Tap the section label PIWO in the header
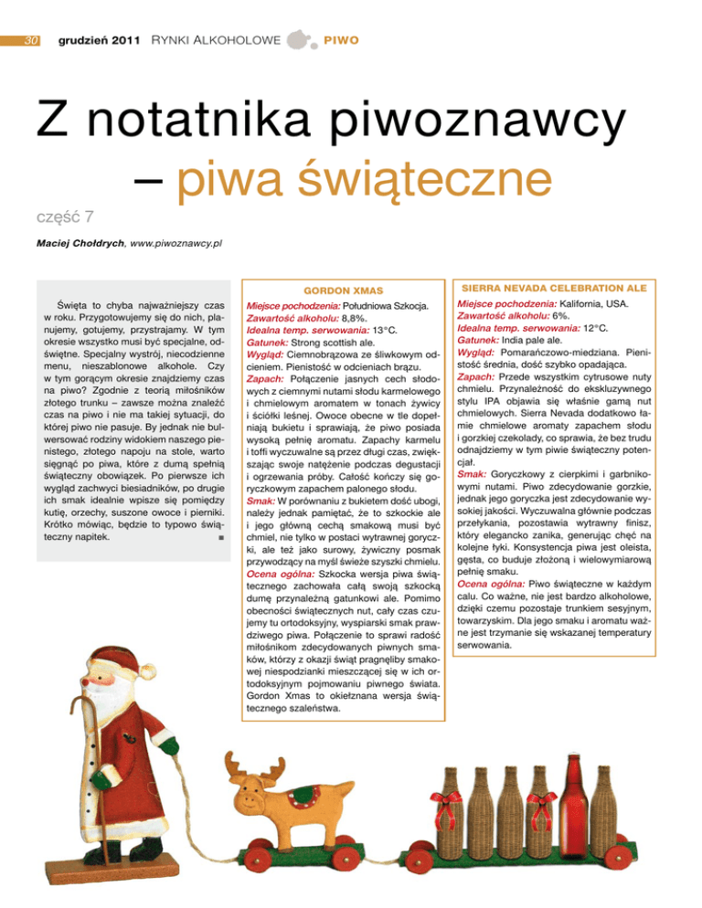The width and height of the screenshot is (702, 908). [339, 41]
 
